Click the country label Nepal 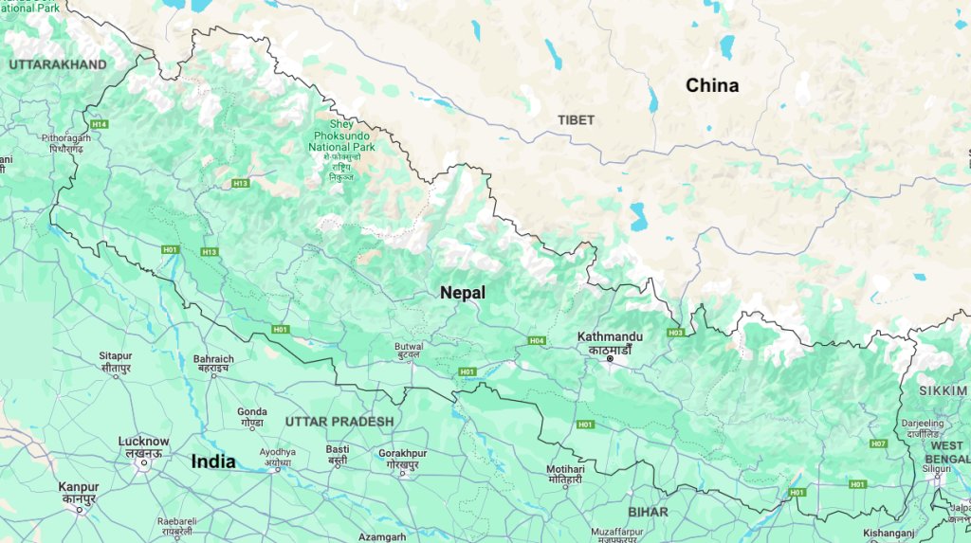462,293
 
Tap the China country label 712,85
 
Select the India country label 213,462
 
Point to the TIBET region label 577,120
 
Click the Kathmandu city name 610,336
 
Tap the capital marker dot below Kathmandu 611,359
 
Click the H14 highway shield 99,124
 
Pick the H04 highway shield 537,340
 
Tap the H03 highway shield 675,333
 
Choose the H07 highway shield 878,443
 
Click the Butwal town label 409,346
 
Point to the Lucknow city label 143,442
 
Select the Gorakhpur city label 402,454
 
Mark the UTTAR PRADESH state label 339,421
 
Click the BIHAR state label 648,512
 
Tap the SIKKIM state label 943,390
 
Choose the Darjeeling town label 921,423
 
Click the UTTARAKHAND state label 57,64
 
